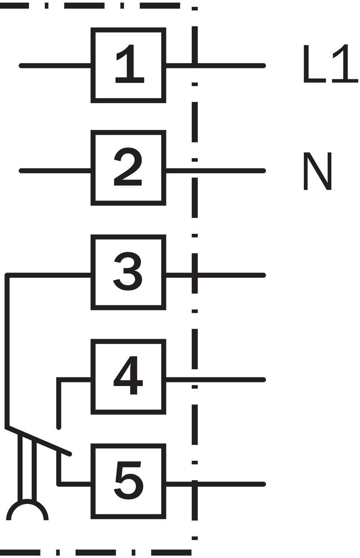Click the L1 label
[x=331, y=64]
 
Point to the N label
[x=318, y=171]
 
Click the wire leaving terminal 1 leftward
[x=55, y=66]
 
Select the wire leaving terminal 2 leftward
[x=55, y=171]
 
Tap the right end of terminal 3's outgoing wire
[x=264, y=275]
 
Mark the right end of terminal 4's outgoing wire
[x=264, y=380]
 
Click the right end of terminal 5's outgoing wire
[x=264, y=484]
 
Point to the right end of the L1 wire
[x=264, y=66]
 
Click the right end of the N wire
[x=264, y=171]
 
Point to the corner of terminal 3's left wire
[x=7, y=275]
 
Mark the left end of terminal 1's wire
[x=21, y=66]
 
